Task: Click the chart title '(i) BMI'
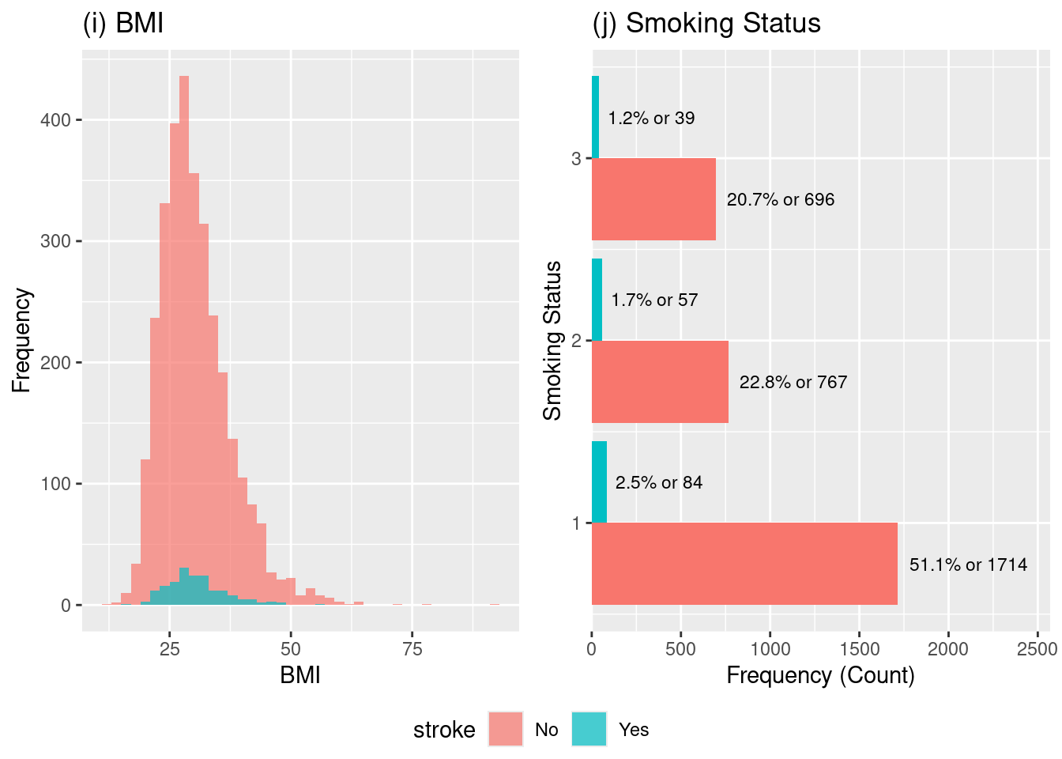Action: click(123, 24)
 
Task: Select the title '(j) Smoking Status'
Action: click(706, 24)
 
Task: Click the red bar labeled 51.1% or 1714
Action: click(744, 564)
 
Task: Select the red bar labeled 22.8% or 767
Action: click(660, 382)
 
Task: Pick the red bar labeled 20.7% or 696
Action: click(653, 199)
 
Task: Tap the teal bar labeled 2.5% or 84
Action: click(599, 482)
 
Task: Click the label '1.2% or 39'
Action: click(651, 119)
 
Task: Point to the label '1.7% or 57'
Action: click(654, 300)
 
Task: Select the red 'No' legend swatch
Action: click(506, 729)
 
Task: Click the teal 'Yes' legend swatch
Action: click(589, 729)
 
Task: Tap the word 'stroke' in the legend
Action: click(444, 730)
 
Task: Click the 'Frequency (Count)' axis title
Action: click(820, 675)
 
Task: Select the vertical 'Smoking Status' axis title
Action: click(552, 340)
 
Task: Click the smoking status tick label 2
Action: click(576, 341)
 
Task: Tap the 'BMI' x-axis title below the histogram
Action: click(300, 675)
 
